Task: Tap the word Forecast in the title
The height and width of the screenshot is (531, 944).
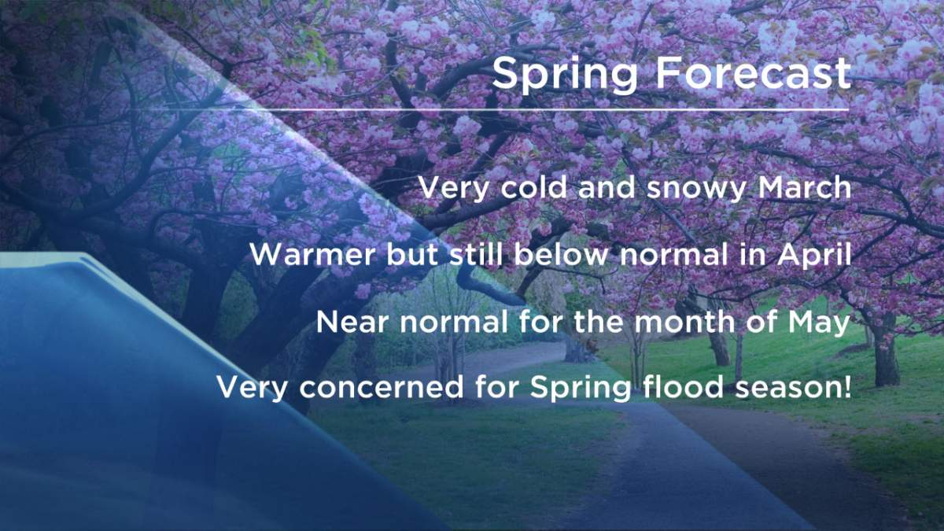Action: click(754, 74)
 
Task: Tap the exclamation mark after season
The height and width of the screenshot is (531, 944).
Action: click(846, 389)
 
